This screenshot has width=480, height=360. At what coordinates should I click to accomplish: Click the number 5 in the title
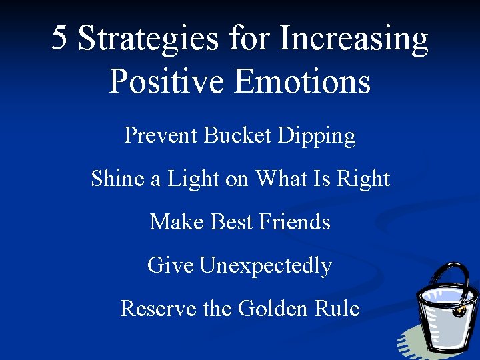pyautogui.click(x=60, y=38)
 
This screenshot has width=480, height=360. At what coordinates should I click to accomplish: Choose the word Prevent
pyautogui.click(x=161, y=135)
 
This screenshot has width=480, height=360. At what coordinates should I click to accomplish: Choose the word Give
pyautogui.click(x=170, y=265)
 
